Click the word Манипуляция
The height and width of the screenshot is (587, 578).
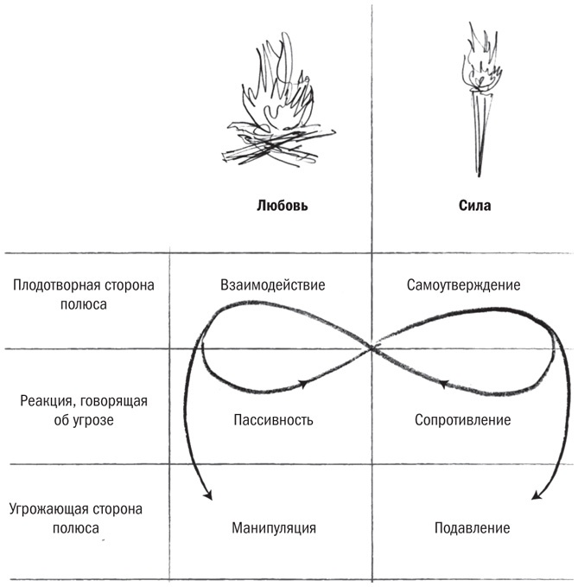pos(273,527)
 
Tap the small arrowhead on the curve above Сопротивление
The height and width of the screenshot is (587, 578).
pos(443,382)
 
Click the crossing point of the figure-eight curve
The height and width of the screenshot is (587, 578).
pos(373,348)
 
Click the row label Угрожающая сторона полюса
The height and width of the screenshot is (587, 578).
pos(83,518)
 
